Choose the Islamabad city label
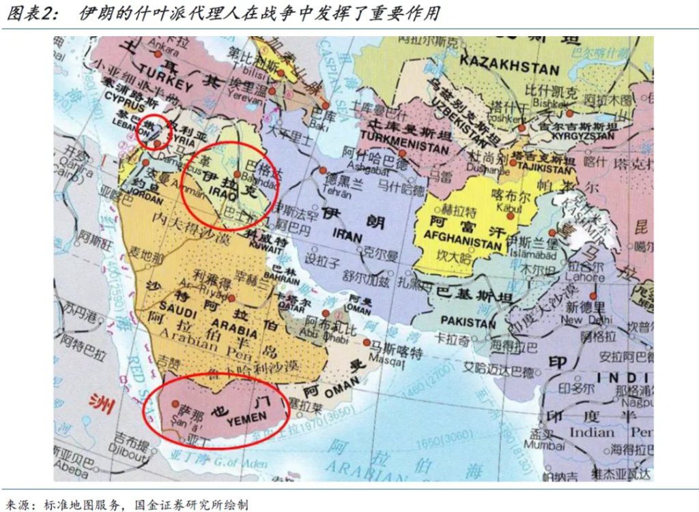point(533,254)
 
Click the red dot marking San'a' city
point(175,403)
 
